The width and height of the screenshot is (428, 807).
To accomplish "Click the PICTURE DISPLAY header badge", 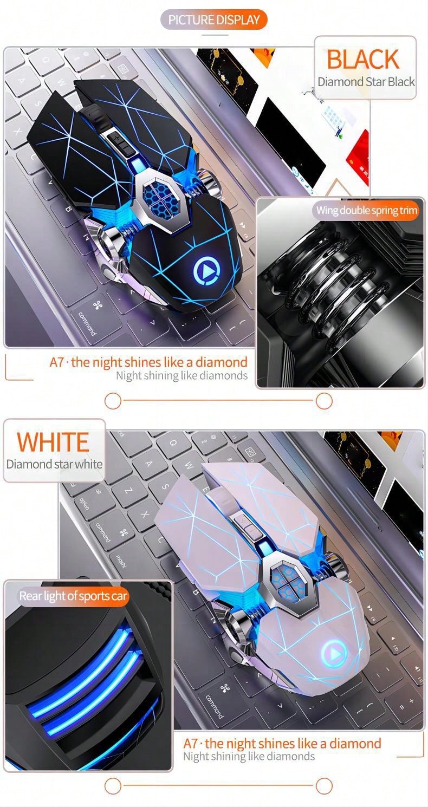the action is (x=213, y=19).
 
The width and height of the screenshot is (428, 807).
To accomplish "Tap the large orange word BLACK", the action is (x=363, y=60).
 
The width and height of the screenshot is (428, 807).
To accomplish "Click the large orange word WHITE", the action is (x=53, y=442).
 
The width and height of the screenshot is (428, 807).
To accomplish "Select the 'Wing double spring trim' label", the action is (x=366, y=210).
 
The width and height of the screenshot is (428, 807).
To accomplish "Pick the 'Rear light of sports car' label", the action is (x=73, y=596).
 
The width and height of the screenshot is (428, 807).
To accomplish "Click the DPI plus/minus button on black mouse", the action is (x=119, y=144).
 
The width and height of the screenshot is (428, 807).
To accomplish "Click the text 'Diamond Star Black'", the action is (x=366, y=82).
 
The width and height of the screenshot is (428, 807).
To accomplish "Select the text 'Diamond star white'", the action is (x=54, y=464).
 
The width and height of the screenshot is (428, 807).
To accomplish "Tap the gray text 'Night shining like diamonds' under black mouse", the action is (x=181, y=376).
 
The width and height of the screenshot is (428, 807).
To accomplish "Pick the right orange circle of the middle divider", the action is (x=324, y=401).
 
